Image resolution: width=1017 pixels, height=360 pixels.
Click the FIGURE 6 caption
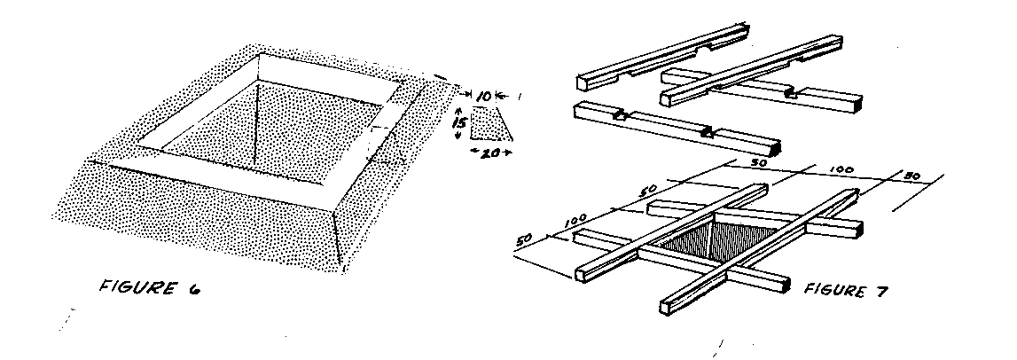pos(149,287)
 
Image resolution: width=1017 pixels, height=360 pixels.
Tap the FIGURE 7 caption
pos(845,291)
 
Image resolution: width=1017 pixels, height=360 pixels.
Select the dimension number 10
pos(484,96)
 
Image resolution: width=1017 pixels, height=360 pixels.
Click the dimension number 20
pos(491,153)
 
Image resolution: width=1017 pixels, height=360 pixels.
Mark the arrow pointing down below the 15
pos(458,134)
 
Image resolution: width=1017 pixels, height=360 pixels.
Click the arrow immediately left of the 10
pos(469,96)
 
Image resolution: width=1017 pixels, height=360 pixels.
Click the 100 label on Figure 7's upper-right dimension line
pos(841,170)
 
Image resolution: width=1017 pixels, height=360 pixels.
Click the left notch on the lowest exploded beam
pos(619,116)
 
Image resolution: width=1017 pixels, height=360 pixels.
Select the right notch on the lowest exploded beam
pos(708,134)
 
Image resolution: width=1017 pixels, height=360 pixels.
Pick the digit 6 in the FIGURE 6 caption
pos(193,290)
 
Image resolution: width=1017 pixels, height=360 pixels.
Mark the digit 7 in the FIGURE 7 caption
pos(881,291)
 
